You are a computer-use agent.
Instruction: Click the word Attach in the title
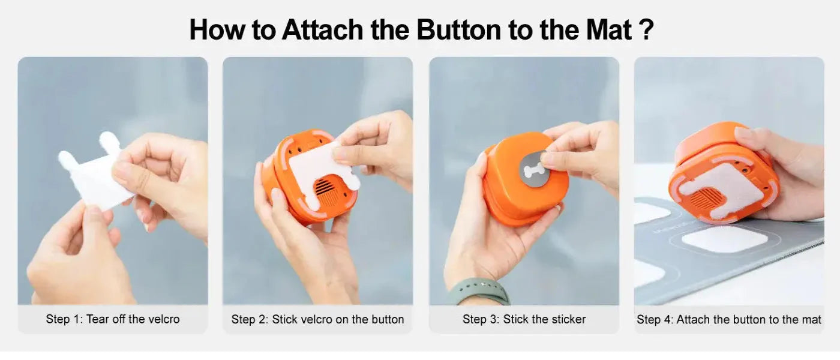322,29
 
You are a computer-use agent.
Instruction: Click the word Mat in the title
610,29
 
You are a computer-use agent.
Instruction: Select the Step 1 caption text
113,319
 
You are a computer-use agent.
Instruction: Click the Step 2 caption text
317,319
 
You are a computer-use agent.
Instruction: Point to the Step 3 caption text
524,319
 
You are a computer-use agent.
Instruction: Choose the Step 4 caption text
729,319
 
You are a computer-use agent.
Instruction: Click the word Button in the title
458,29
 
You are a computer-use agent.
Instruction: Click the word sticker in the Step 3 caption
566,319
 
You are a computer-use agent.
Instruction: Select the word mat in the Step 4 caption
811,319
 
